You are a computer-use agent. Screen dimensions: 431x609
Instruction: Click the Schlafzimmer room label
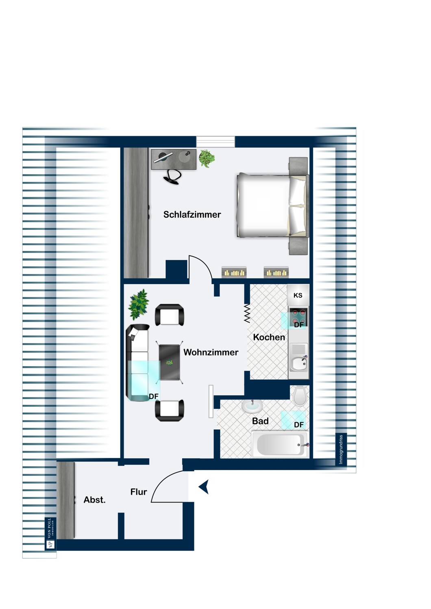pyautogui.click(x=192, y=214)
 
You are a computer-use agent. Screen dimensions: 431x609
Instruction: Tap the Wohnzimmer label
pyautogui.click(x=211, y=352)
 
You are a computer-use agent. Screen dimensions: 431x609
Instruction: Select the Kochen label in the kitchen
pyautogui.click(x=269, y=337)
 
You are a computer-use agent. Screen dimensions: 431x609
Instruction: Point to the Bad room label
pyautogui.click(x=260, y=421)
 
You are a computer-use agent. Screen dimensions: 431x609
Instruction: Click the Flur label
pyautogui.click(x=139, y=492)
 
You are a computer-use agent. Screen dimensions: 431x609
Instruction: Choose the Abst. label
pyautogui.click(x=94, y=500)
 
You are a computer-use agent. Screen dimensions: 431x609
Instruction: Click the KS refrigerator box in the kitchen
pyautogui.click(x=298, y=295)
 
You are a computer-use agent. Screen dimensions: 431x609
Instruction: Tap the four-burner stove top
pyautogui.click(x=298, y=317)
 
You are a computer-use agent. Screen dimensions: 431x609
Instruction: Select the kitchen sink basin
pyautogui.click(x=298, y=364)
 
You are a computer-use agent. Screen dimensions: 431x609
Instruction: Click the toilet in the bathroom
pyautogui.click(x=300, y=396)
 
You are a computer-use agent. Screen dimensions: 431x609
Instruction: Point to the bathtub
pyautogui.click(x=280, y=445)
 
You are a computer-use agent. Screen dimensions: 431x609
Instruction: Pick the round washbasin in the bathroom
pyautogui.click(x=252, y=406)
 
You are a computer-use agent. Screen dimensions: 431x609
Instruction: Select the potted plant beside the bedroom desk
pyautogui.click(x=207, y=158)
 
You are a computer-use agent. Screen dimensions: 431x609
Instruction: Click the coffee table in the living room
pyautogui.click(x=170, y=362)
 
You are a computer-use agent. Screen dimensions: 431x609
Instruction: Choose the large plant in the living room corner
pyautogui.click(x=139, y=304)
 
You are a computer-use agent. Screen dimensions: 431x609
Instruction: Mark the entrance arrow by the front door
pyautogui.click(x=204, y=487)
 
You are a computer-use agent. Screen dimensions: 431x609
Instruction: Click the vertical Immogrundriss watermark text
pyautogui.click(x=341, y=449)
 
